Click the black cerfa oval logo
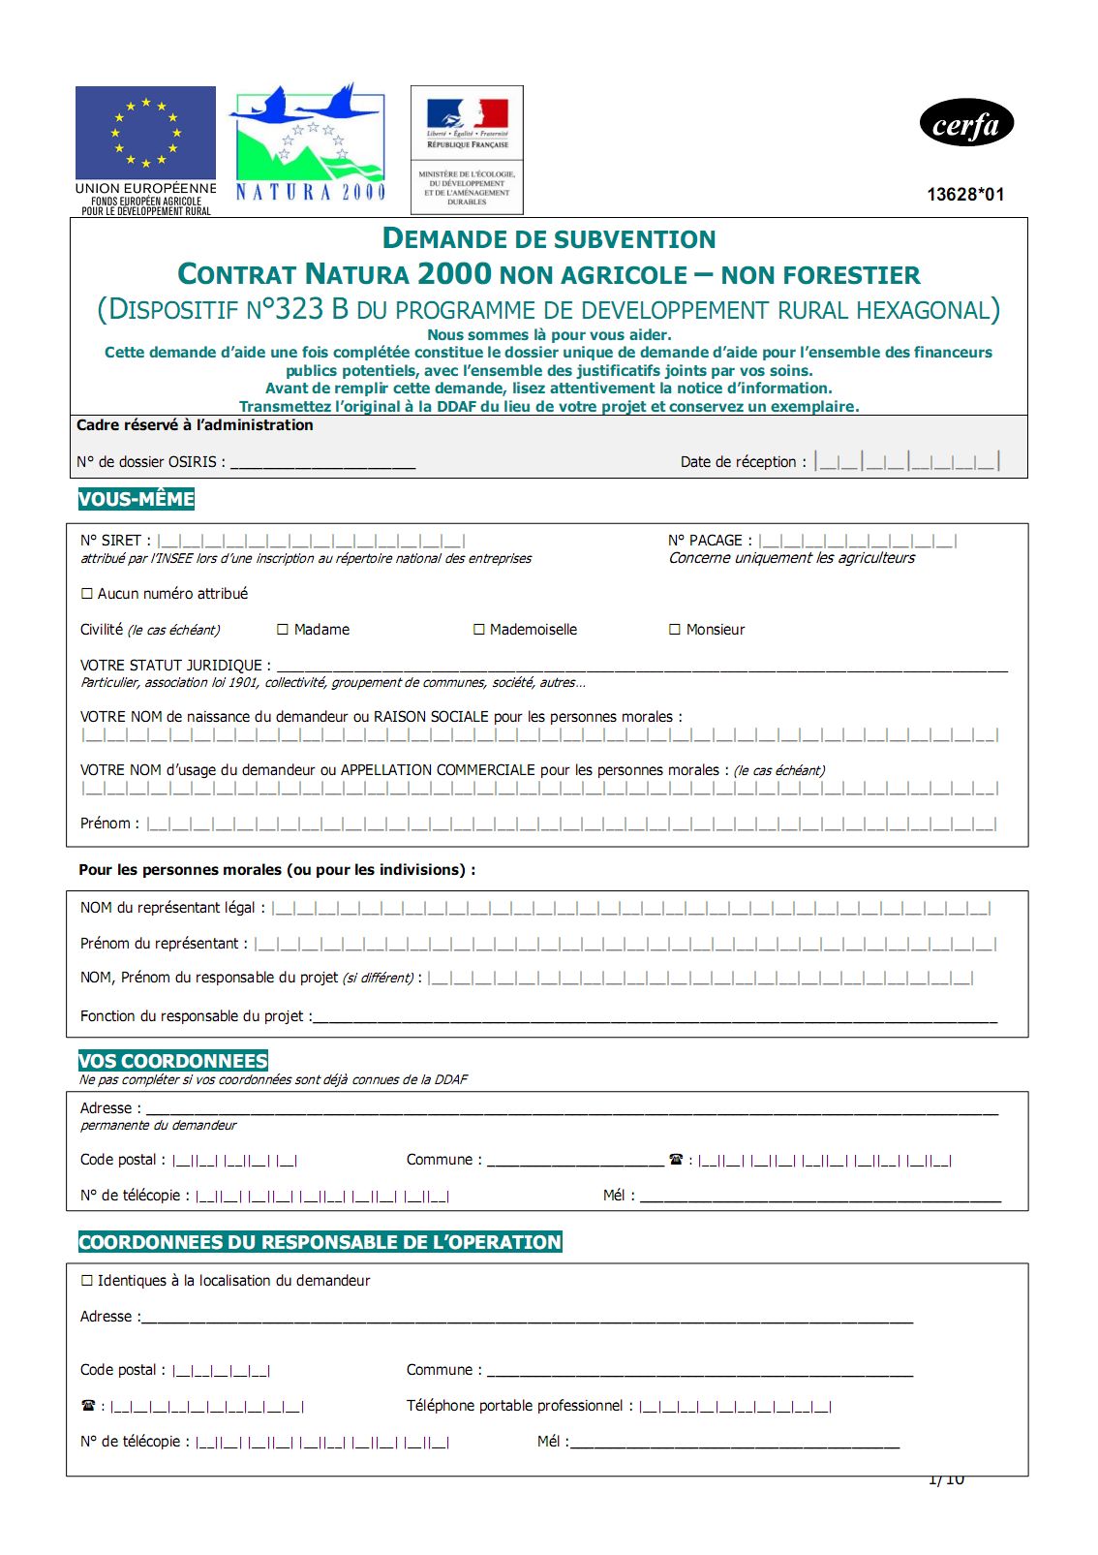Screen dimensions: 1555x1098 pos(965,124)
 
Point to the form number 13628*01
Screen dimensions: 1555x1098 pos(965,195)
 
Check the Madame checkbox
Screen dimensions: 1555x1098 pos(283,630)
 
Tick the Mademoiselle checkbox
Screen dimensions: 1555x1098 pos(478,630)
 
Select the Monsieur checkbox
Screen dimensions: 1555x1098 pos(675,630)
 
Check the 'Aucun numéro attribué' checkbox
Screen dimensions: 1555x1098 pos(87,594)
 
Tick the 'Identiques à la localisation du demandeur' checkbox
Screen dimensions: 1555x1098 pos(87,1281)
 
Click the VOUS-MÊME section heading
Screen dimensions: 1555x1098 pos(137,500)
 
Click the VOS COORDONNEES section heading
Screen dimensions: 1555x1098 pos(173,1061)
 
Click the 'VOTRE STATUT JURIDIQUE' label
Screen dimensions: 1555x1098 pos(175,666)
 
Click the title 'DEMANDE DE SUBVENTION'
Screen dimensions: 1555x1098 pos(549,238)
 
